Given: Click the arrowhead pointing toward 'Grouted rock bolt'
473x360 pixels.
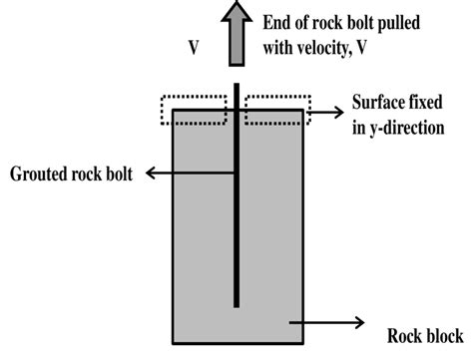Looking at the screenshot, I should (152, 174).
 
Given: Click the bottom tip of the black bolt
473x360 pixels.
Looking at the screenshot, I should (236, 303).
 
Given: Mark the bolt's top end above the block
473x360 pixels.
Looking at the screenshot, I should (236, 85).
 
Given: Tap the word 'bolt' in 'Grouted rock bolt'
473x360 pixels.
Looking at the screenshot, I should (121, 174).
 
